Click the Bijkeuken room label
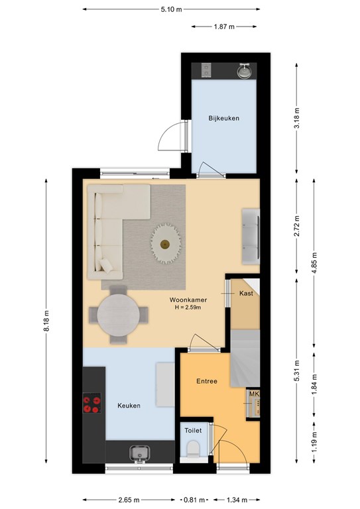[223, 119]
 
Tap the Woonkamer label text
[188, 300]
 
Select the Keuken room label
[129, 406]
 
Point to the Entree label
[207, 381]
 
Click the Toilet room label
[193, 430]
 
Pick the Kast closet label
[246, 294]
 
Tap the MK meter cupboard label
[254, 394]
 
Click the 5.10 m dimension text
[172, 9]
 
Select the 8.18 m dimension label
[46, 321]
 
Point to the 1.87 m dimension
[224, 27]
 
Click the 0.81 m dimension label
[194, 500]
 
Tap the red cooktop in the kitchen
[92, 403]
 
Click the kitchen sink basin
[140, 453]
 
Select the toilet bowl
[194, 449]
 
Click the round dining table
[119, 315]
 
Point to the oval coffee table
[166, 243]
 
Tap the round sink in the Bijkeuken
[244, 72]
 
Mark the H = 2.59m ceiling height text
[188, 308]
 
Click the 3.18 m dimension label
[297, 118]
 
